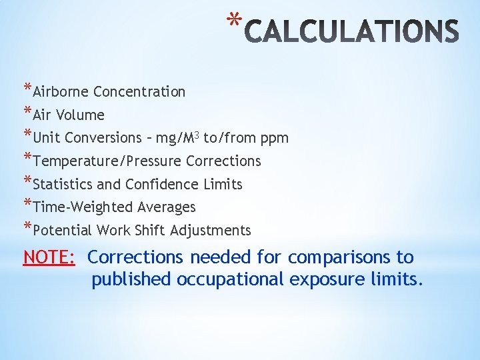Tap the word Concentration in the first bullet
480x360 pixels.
(x=139, y=92)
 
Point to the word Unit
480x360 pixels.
(x=45, y=138)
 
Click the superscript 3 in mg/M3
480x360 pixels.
(x=197, y=135)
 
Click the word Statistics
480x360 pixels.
(x=66, y=185)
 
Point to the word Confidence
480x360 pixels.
(x=159, y=185)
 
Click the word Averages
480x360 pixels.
(x=167, y=207)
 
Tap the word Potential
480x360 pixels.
(x=62, y=231)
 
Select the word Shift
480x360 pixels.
(x=153, y=231)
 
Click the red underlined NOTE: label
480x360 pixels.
(x=49, y=257)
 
